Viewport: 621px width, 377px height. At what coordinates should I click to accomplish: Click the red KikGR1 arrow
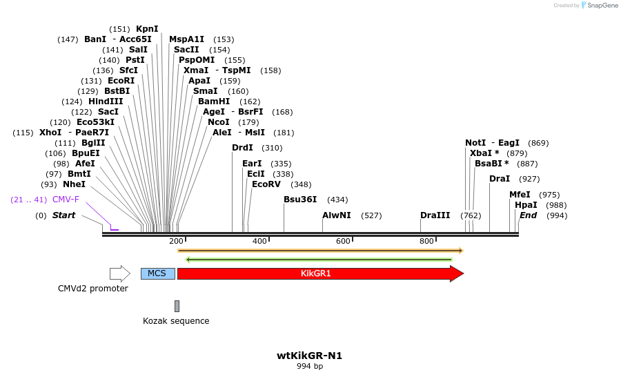point(317,273)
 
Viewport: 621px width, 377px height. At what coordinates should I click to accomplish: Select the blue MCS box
point(157,273)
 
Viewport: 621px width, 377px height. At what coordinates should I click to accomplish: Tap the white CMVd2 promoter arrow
point(119,273)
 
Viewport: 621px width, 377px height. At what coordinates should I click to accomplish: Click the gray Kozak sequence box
point(177,306)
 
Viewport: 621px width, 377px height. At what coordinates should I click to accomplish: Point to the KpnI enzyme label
point(147,29)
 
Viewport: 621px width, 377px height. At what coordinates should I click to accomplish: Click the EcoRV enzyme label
point(266,184)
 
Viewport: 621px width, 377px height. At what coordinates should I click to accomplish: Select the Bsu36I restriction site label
point(300,200)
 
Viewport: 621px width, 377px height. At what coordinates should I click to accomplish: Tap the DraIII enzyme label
point(435,215)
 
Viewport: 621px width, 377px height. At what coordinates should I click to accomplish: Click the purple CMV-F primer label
point(66,200)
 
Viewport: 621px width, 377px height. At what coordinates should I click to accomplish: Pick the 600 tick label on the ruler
point(343,241)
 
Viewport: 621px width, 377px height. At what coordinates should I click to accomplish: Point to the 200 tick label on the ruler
point(176,241)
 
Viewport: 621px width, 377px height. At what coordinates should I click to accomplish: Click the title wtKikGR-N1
point(309,356)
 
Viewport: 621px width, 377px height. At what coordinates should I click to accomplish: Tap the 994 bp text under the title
point(309,367)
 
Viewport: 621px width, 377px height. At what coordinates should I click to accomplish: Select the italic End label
point(529,215)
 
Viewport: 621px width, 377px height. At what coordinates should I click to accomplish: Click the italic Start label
point(64,215)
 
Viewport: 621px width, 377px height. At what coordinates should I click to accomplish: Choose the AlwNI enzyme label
point(337,215)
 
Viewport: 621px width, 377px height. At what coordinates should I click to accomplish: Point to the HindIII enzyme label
point(106,101)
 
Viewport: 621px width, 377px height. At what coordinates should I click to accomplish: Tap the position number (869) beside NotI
point(538,143)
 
